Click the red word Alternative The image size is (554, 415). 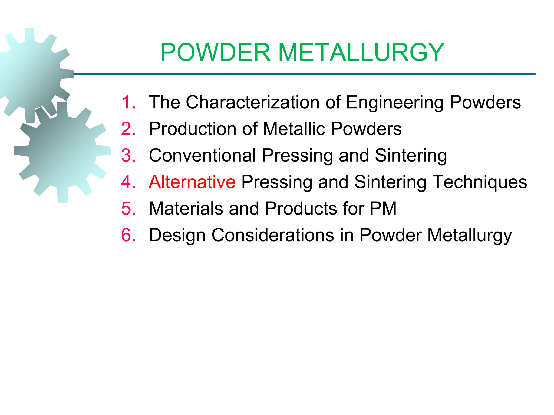point(192,182)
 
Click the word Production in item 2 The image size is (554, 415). point(192,129)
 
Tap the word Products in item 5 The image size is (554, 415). point(301,209)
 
